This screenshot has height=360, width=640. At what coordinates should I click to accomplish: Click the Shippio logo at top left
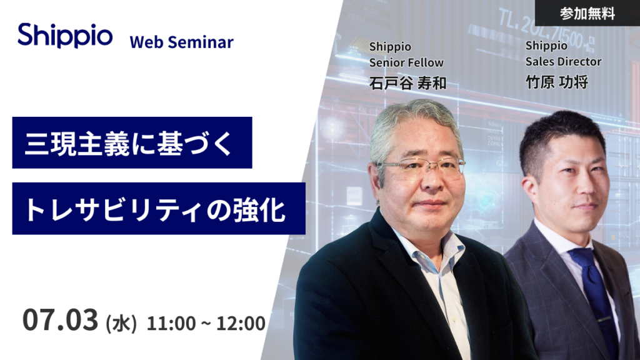click(65, 36)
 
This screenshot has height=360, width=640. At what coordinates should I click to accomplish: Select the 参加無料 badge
click(587, 13)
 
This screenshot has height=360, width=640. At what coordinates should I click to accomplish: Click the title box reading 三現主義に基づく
click(132, 142)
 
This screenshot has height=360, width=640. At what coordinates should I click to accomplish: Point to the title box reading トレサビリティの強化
click(159, 209)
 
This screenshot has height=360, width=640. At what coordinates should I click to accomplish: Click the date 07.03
click(61, 319)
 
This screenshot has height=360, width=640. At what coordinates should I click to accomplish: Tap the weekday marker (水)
click(121, 324)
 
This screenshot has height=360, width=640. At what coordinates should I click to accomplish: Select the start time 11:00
click(171, 323)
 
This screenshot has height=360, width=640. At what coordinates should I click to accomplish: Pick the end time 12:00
click(241, 323)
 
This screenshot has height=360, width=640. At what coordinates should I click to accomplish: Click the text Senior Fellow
click(406, 62)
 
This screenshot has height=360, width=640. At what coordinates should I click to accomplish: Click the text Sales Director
click(563, 62)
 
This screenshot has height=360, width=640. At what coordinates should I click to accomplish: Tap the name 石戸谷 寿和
click(407, 83)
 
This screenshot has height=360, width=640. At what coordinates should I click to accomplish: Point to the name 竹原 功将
click(557, 82)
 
